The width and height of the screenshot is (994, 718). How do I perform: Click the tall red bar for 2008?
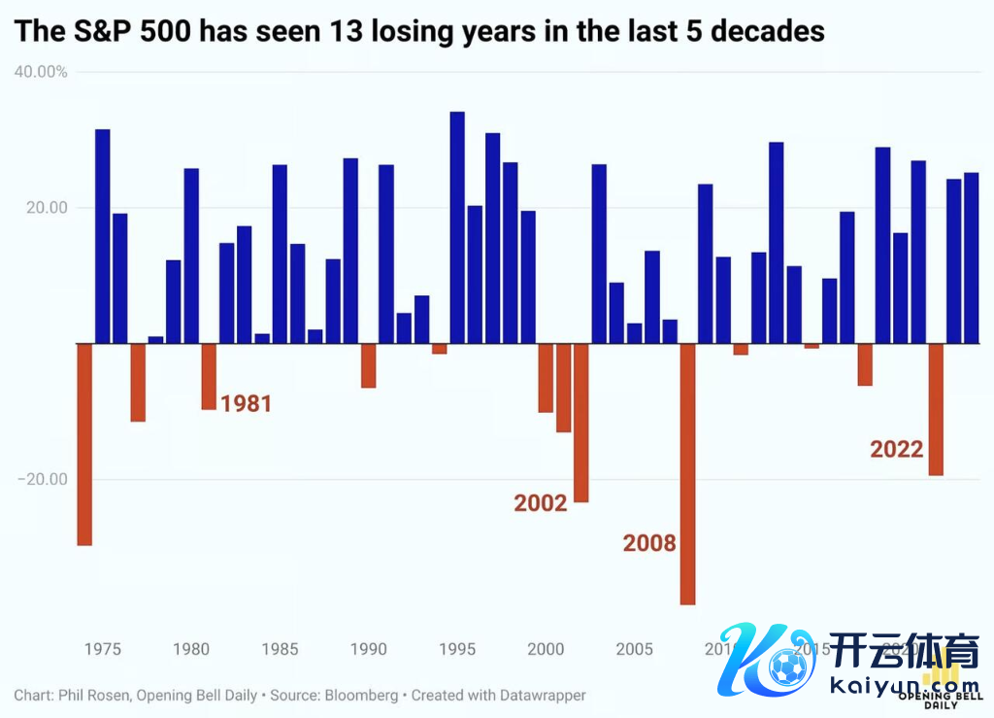click(x=687, y=473)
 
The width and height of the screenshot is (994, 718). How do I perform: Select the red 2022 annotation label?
click(x=896, y=449)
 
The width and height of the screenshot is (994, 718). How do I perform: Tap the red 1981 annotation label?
click(x=246, y=403)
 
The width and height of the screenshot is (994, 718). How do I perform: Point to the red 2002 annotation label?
click(x=540, y=502)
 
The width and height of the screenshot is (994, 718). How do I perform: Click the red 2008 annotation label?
click(x=648, y=542)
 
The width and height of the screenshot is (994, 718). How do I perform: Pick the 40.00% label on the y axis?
click(x=41, y=72)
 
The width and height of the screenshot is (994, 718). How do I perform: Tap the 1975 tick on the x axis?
click(x=102, y=648)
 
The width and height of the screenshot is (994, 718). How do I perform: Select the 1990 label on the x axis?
click(x=369, y=648)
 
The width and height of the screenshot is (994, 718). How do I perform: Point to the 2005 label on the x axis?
click(x=635, y=648)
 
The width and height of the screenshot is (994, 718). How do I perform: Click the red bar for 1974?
click(x=84, y=444)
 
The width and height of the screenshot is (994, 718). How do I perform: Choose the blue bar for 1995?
click(x=457, y=227)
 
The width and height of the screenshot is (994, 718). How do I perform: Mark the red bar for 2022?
click(x=936, y=409)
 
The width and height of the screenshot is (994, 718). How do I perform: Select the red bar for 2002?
click(x=581, y=423)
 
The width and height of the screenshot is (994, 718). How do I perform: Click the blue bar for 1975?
click(x=102, y=236)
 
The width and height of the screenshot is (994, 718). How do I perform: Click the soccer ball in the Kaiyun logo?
click(x=788, y=668)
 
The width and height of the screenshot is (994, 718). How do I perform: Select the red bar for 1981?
click(x=209, y=376)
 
